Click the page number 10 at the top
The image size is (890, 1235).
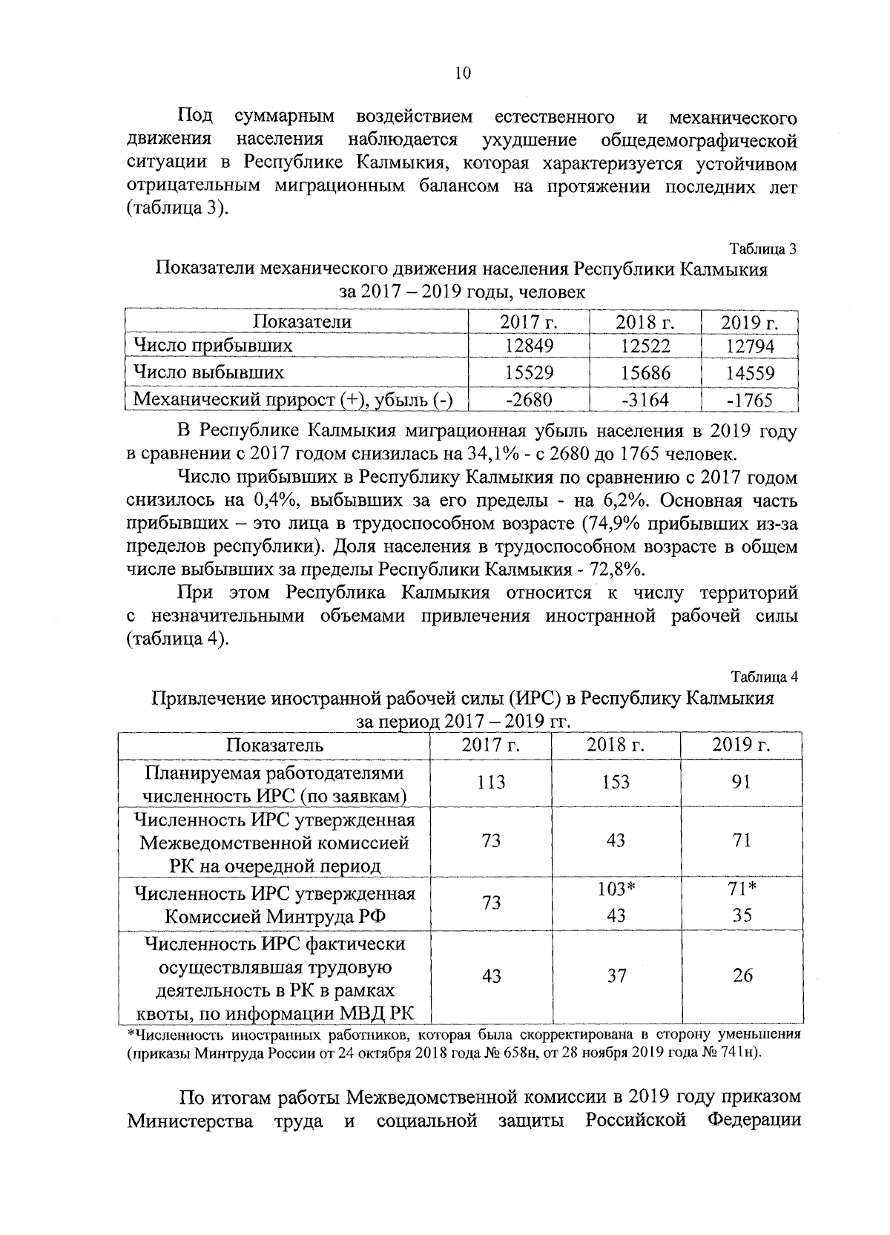point(461,73)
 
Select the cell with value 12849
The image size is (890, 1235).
point(529,346)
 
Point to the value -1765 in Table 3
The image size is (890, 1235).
point(750,401)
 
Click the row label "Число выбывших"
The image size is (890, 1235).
point(208,372)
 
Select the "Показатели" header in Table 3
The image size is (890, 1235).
point(302,321)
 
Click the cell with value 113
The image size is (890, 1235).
point(491,783)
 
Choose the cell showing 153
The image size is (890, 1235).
point(616,783)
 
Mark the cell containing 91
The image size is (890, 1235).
point(741,783)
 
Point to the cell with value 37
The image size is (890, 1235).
point(616,976)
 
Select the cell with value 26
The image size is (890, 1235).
point(742,976)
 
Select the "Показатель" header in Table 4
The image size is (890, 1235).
point(274,745)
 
